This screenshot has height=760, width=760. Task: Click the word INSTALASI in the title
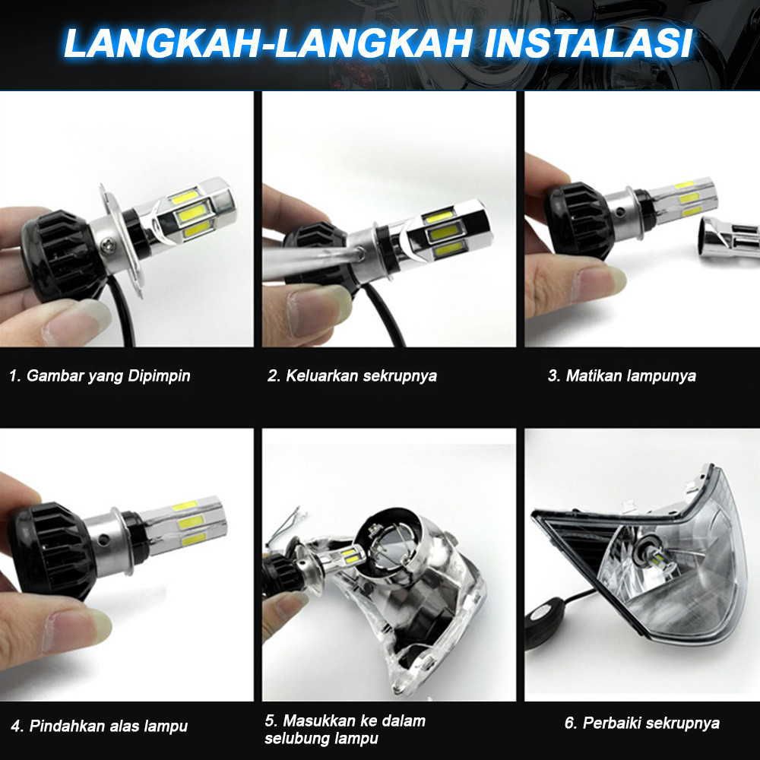588,43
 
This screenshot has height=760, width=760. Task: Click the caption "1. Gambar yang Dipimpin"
100,375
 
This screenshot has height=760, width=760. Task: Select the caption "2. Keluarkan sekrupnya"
353,375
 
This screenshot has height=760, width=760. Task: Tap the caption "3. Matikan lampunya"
622,375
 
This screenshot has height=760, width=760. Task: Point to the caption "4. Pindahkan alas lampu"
100,726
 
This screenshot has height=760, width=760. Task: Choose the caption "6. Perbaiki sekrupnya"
642,724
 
